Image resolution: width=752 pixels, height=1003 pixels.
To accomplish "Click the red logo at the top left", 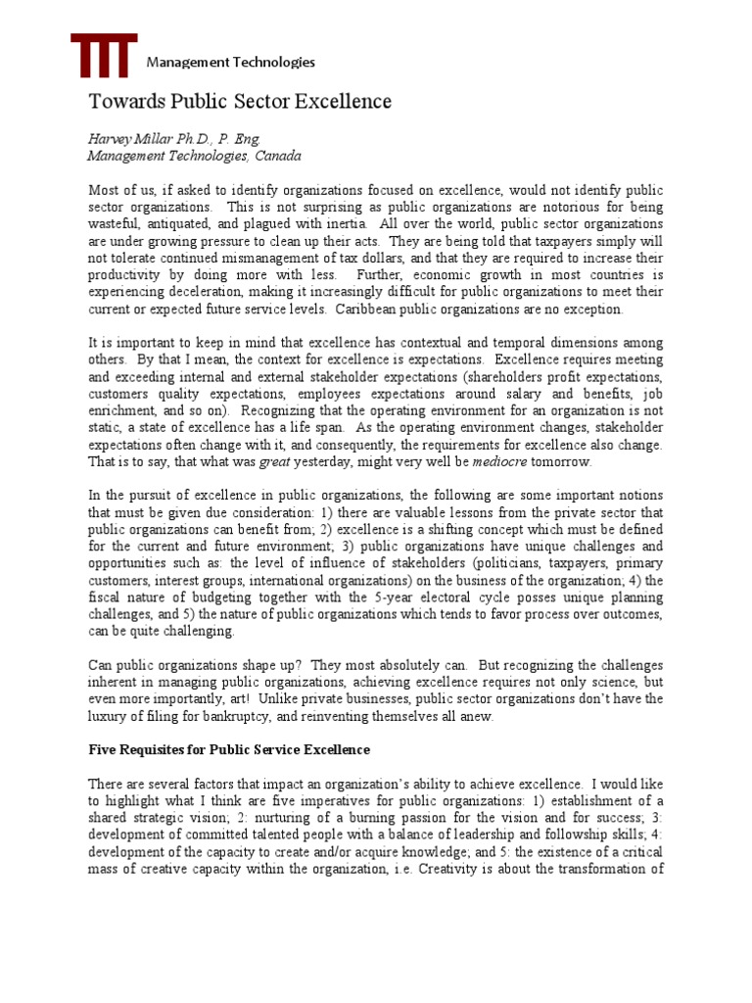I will [x=104, y=56].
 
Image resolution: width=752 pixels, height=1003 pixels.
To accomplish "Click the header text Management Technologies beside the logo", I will [x=230, y=63].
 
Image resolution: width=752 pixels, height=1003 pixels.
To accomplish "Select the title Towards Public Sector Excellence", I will [x=240, y=102].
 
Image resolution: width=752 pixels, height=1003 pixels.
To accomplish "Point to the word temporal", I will [x=536, y=343].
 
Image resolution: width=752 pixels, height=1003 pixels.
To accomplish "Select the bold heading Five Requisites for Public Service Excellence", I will [x=229, y=750].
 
